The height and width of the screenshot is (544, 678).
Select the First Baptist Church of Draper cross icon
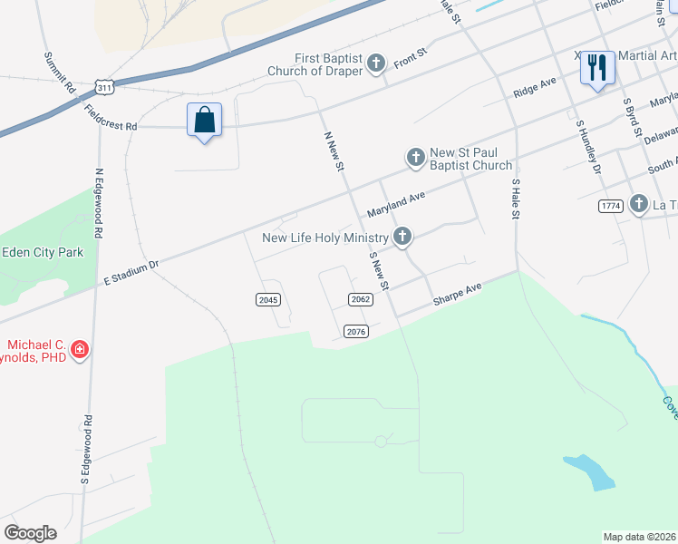click(377, 63)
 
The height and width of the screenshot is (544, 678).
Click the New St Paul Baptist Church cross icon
click(415, 159)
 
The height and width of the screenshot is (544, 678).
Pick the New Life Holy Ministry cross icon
click(402, 238)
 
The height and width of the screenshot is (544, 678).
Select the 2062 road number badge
click(361, 299)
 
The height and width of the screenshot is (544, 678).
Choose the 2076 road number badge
click(356, 331)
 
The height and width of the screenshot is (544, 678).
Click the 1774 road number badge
click(610, 207)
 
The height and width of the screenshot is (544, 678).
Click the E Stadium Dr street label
click(131, 270)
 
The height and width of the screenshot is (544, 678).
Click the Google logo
click(30, 533)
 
